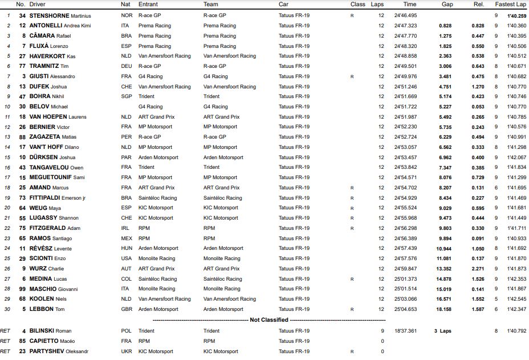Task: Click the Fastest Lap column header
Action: pos(510,4)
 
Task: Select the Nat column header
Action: pos(125,4)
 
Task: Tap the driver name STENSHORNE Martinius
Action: pos(60,15)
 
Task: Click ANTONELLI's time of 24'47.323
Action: pos(405,26)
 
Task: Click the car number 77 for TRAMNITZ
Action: pos(23,66)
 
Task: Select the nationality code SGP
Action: pos(127,96)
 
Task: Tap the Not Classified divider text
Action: pos(269,320)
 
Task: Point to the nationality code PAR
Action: pos(127,157)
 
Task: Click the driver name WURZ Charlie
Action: pos(47,269)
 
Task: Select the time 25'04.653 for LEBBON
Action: pos(405,309)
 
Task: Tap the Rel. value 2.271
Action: pos(478,269)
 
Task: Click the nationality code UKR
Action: pos(127,351)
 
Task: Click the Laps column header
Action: pos(377,4)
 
